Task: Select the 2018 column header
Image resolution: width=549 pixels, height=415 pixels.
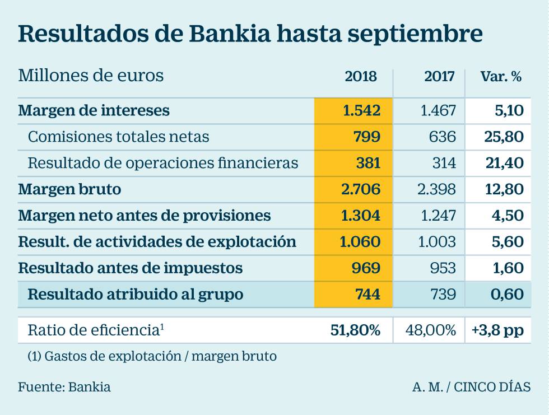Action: [361, 77]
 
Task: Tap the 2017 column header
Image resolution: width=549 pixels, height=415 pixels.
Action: [440, 77]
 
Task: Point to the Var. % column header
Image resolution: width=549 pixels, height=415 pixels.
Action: [501, 77]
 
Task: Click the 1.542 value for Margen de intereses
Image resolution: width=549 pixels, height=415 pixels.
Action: [361, 110]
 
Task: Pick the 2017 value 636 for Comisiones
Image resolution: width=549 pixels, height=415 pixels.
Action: [444, 136]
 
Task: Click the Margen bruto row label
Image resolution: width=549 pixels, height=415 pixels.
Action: [69, 189]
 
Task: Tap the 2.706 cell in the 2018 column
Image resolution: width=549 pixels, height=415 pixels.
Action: [361, 189]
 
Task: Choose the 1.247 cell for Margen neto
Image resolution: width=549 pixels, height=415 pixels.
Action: [438, 216]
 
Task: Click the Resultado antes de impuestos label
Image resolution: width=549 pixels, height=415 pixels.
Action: [130, 268]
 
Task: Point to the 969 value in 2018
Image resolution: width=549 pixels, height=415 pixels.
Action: [366, 268]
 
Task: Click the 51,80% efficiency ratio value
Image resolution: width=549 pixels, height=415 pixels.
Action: [356, 330]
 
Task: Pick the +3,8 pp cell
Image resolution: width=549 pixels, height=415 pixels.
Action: [498, 330]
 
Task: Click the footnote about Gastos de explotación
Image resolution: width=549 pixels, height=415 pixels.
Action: [152, 356]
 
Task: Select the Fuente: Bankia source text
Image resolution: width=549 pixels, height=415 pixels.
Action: [64, 386]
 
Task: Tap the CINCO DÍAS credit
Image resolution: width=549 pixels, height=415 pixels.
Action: [492, 386]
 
